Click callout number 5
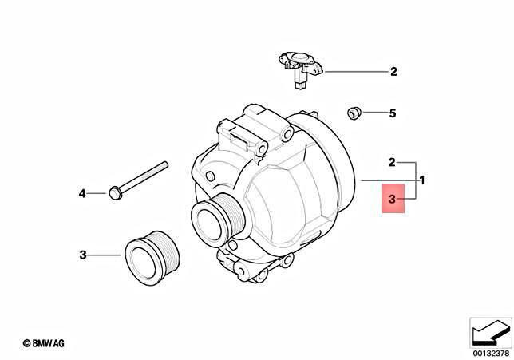tap(392, 113)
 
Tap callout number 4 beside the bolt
tap(81, 193)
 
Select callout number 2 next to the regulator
tap(393, 72)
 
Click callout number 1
tap(421, 180)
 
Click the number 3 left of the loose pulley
tap(82, 255)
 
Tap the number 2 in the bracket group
tap(392, 162)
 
